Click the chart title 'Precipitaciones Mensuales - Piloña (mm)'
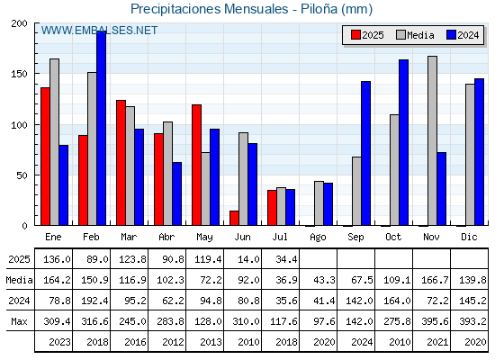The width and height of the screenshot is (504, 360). pos(251,9)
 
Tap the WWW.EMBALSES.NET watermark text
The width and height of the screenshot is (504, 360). pos(99,31)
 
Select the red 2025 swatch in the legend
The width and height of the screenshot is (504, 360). pos(355,35)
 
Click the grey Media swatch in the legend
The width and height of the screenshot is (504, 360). pos(400,35)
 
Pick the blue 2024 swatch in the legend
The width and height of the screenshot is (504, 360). pos(451,35)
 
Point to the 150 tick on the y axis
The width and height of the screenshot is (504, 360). pos(19,74)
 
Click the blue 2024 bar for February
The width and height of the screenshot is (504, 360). pos(101,128)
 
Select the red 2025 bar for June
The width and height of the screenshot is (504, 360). pos(234,218)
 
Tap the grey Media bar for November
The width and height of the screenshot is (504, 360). pos(432,140)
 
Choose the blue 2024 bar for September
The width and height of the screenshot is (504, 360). pos(365,153)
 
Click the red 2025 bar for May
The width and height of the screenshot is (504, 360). pos(196,165)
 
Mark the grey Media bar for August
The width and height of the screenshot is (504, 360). pos(319,203)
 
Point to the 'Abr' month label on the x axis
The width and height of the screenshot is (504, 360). pos(166,238)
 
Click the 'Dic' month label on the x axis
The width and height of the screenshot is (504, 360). pos(469,238)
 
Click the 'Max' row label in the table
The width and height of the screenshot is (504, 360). pos(19,321)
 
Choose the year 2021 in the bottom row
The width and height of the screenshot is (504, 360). pos(437,342)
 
